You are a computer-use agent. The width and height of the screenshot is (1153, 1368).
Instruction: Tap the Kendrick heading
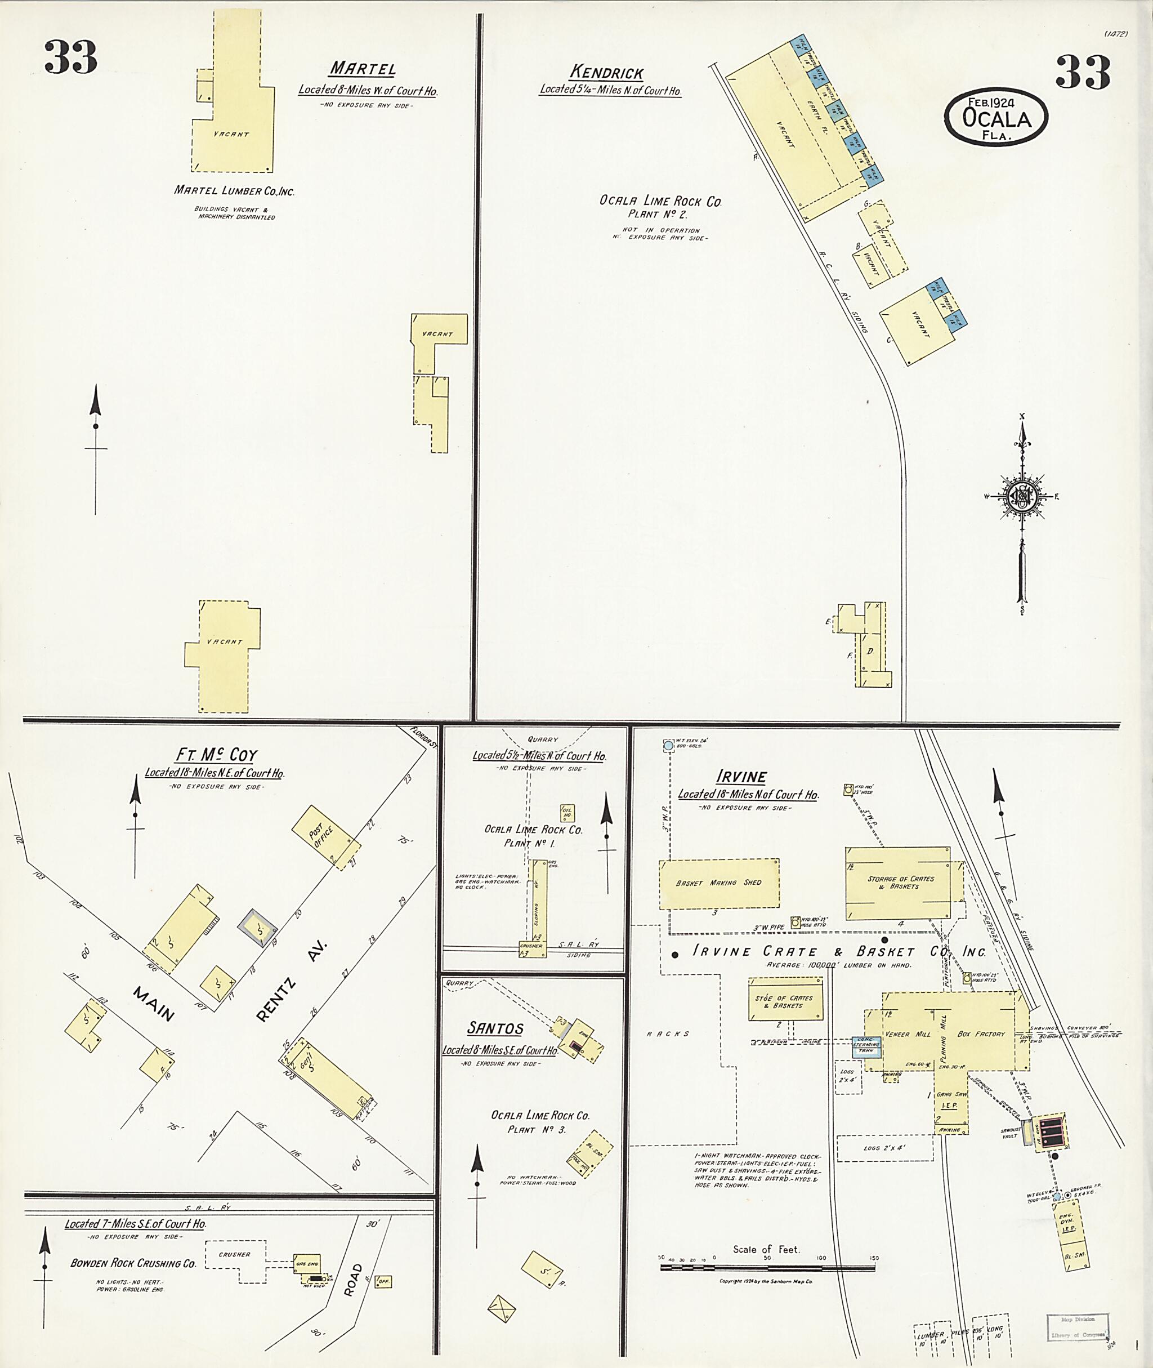(x=606, y=73)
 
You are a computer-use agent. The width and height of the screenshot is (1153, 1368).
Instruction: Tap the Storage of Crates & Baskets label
(x=901, y=883)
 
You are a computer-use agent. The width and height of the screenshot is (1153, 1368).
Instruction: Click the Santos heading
(x=495, y=1028)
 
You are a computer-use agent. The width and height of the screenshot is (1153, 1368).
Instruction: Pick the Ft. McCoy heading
(x=216, y=755)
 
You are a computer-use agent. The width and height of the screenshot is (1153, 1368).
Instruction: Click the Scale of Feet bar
(x=767, y=1267)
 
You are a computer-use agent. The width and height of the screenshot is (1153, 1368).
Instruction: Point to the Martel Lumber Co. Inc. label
(x=234, y=191)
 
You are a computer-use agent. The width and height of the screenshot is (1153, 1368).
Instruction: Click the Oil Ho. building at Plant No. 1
(x=567, y=813)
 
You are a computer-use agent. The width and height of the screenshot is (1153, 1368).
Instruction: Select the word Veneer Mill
(x=902, y=1035)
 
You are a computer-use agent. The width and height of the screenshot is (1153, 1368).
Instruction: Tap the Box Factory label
(x=980, y=1035)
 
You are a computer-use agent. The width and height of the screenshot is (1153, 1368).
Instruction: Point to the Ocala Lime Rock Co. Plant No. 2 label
(x=660, y=207)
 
